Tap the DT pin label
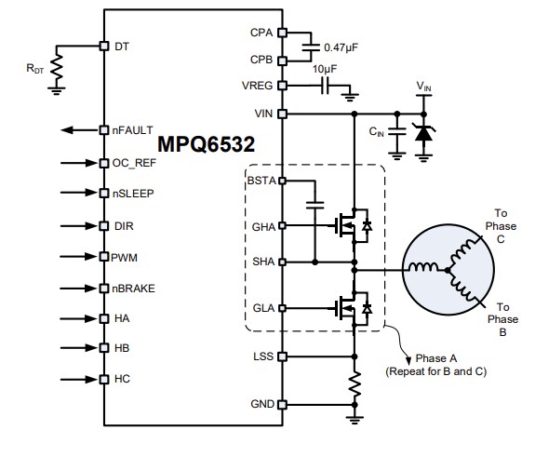pos(121,45)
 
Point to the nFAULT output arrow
pos(77,130)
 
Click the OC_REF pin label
pos(134,162)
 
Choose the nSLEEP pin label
pos(133,194)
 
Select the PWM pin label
pos(124,256)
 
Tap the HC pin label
pos(121,379)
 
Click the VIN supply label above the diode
pos(423,88)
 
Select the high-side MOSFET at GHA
pos(349,224)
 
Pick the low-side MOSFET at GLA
pos(349,306)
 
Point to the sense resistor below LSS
pos(354,385)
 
